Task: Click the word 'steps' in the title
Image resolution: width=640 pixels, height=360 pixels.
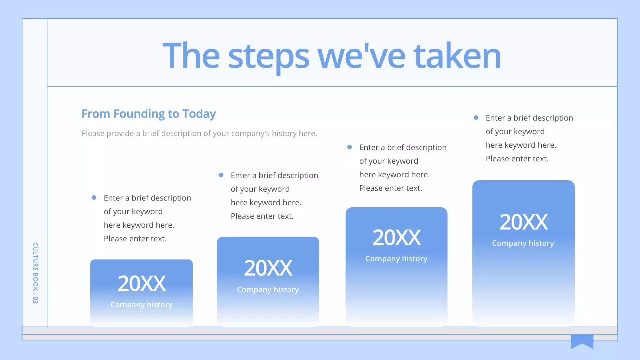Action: [268, 56]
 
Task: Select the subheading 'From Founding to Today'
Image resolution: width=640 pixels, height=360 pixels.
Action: [148, 114]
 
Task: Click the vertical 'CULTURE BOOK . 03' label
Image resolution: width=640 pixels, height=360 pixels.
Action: [35, 273]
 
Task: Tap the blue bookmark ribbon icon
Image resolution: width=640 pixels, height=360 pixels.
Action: [582, 341]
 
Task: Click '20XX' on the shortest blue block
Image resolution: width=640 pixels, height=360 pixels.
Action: [141, 284]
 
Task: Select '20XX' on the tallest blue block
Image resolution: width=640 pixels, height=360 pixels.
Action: [523, 222]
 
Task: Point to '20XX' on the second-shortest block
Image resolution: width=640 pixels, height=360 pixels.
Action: [268, 269]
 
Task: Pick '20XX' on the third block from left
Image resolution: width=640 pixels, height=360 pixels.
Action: [396, 238]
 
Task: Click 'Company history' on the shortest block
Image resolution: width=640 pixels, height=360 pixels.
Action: [141, 305]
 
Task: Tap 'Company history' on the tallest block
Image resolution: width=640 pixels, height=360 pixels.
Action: [523, 243]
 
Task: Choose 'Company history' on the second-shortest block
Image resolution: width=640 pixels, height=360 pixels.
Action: [268, 290]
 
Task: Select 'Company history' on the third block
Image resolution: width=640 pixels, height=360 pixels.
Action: [396, 259]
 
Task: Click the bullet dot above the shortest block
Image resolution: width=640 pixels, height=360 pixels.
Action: [94, 198]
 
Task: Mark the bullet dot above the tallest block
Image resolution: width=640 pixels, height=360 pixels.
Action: [476, 118]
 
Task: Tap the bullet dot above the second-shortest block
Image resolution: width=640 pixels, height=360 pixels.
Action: [221, 175]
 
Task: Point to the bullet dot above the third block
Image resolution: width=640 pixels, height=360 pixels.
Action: [349, 147]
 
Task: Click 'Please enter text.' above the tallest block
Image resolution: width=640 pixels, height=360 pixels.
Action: [517, 159]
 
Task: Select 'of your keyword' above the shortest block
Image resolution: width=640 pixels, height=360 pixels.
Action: [133, 211]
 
